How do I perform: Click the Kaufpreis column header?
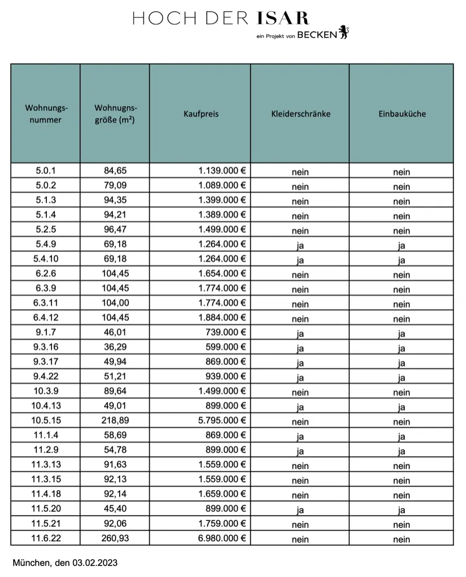coord(201,114)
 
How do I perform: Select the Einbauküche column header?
coord(401,114)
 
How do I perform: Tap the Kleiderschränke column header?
coord(300,114)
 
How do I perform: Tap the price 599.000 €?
coord(226,348)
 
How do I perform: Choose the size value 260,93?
coord(114,538)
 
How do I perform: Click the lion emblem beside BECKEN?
coord(344,33)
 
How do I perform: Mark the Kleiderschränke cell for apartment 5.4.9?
coord(300,245)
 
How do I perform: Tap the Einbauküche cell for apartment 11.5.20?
coord(401,510)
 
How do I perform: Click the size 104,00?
coord(114,303)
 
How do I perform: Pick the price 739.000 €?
coord(226,333)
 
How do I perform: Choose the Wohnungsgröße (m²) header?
coord(115,114)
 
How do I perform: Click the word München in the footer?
coord(30,562)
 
